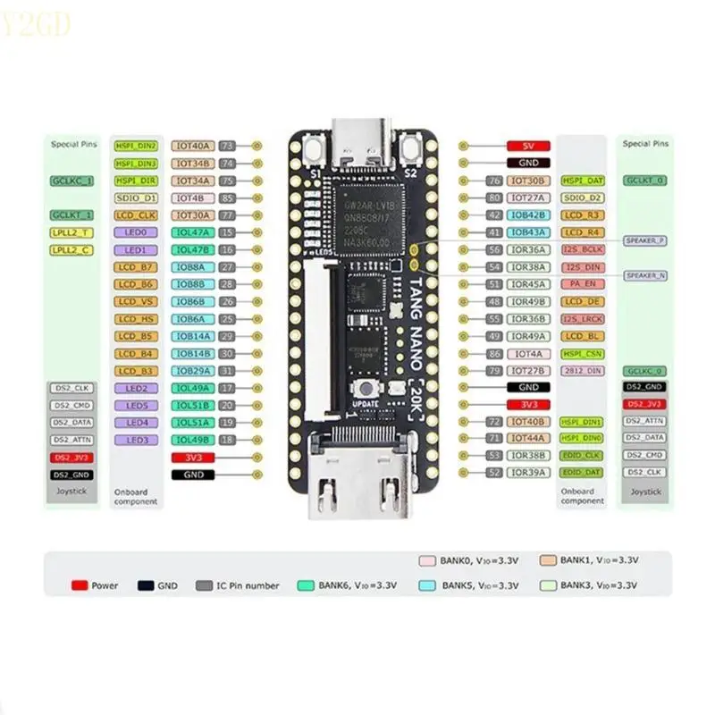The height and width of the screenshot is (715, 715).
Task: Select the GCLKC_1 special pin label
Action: pos(71,181)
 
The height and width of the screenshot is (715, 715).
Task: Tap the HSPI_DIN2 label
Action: pos(136,146)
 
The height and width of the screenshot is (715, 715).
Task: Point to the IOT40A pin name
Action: pos(193,146)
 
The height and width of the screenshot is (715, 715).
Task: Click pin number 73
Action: pos(227,146)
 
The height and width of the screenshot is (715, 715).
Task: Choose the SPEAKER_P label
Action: pos(644,240)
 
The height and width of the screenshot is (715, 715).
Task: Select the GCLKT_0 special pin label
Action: pos(644,181)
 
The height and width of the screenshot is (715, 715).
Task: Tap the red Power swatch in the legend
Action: pos(80,585)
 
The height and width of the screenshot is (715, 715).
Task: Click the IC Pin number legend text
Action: pos(248,585)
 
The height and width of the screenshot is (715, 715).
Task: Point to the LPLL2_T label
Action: pos(71,232)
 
